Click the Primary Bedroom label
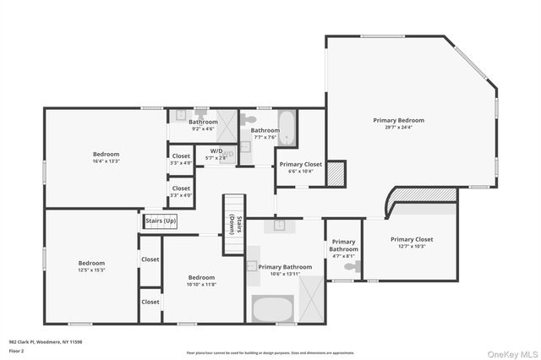tap(398, 120)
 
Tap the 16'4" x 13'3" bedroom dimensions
tap(107, 161)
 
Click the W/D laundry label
tap(217, 150)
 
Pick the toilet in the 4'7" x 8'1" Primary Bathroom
tap(350, 266)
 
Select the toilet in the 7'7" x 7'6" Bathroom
tap(250, 119)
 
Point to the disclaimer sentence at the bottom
tap(270, 352)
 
